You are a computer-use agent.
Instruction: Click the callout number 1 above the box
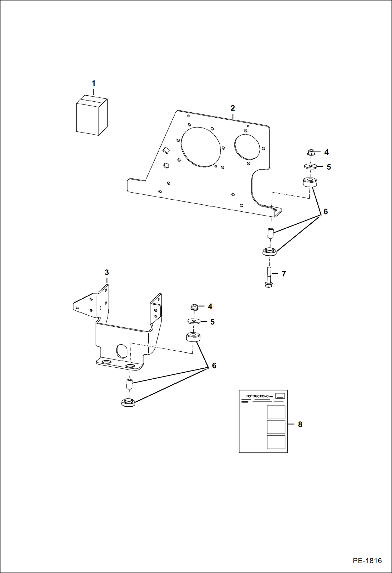coord(93,83)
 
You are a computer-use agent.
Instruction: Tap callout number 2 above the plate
coord(233,108)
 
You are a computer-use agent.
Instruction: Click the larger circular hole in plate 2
coord(201,147)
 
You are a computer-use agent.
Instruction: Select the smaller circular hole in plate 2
coord(247,147)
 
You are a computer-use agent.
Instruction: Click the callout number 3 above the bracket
coord(107,272)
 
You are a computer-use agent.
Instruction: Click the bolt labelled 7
coord(269,277)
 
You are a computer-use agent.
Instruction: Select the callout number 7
coord(284,274)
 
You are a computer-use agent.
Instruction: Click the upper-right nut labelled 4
coord(311,152)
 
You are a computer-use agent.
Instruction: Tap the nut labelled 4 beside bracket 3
coord(194,307)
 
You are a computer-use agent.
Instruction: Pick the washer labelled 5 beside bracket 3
coord(194,321)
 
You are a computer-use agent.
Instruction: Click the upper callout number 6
coord(326,211)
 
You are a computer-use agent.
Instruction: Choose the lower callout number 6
coord(214,366)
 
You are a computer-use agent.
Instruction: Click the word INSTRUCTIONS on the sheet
coord(257,396)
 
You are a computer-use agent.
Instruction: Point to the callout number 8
coord(300,425)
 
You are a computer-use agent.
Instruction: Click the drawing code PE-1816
coord(367,561)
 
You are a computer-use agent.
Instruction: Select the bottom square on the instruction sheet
coord(276,442)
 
